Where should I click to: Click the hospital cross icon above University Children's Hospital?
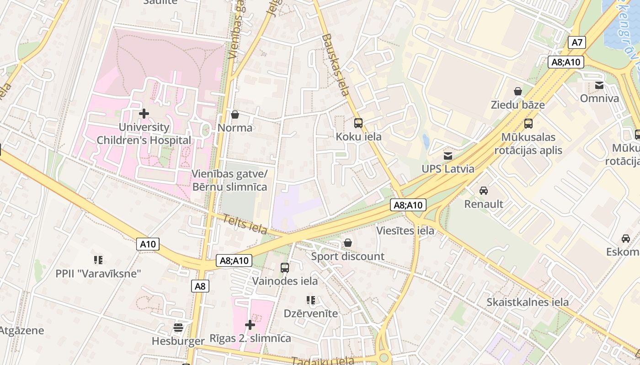(x=144, y=113)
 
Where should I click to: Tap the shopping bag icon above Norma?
(x=235, y=115)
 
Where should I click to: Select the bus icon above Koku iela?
(x=358, y=123)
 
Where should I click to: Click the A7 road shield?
(x=577, y=43)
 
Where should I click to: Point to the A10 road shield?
(x=148, y=244)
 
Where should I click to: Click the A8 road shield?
(x=200, y=286)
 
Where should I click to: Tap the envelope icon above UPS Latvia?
(x=448, y=156)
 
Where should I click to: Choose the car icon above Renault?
(x=484, y=190)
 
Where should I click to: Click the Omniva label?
(x=599, y=98)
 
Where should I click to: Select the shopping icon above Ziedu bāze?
(x=518, y=91)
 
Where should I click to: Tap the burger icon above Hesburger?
(x=178, y=328)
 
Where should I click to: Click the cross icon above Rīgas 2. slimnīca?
(x=250, y=325)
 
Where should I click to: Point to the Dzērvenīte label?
(x=311, y=313)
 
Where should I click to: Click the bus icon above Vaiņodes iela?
(x=285, y=268)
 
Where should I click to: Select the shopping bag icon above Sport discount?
(x=348, y=243)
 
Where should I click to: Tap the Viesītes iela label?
(x=405, y=230)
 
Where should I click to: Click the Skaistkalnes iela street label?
(x=528, y=302)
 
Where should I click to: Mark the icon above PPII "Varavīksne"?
(x=98, y=260)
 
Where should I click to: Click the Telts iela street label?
(x=245, y=224)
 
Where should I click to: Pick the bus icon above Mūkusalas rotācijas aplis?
(x=528, y=123)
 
